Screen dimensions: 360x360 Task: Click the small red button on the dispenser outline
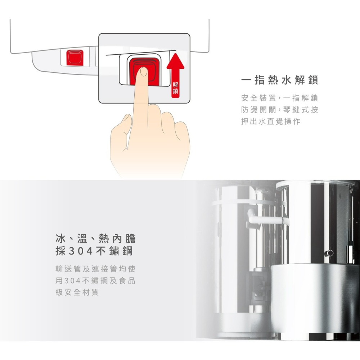coord(75,58)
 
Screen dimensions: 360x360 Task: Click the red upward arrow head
coord(175,61)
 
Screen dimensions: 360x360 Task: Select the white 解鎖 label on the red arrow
coord(175,88)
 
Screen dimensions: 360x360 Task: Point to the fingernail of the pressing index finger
coord(144,72)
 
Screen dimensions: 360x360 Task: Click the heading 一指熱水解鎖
coord(280,80)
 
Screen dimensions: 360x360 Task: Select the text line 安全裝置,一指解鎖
coord(280,98)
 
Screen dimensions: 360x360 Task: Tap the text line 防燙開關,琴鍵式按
coord(280,110)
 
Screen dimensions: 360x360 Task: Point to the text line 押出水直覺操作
coord(271,121)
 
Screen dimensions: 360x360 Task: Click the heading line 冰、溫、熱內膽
coord(95,238)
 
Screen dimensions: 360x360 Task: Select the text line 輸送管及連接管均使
coord(95,269)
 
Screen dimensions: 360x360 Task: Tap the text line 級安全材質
coord(77,292)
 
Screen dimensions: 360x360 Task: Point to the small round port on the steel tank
coord(330,253)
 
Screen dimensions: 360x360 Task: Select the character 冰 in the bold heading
coord(60,238)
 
